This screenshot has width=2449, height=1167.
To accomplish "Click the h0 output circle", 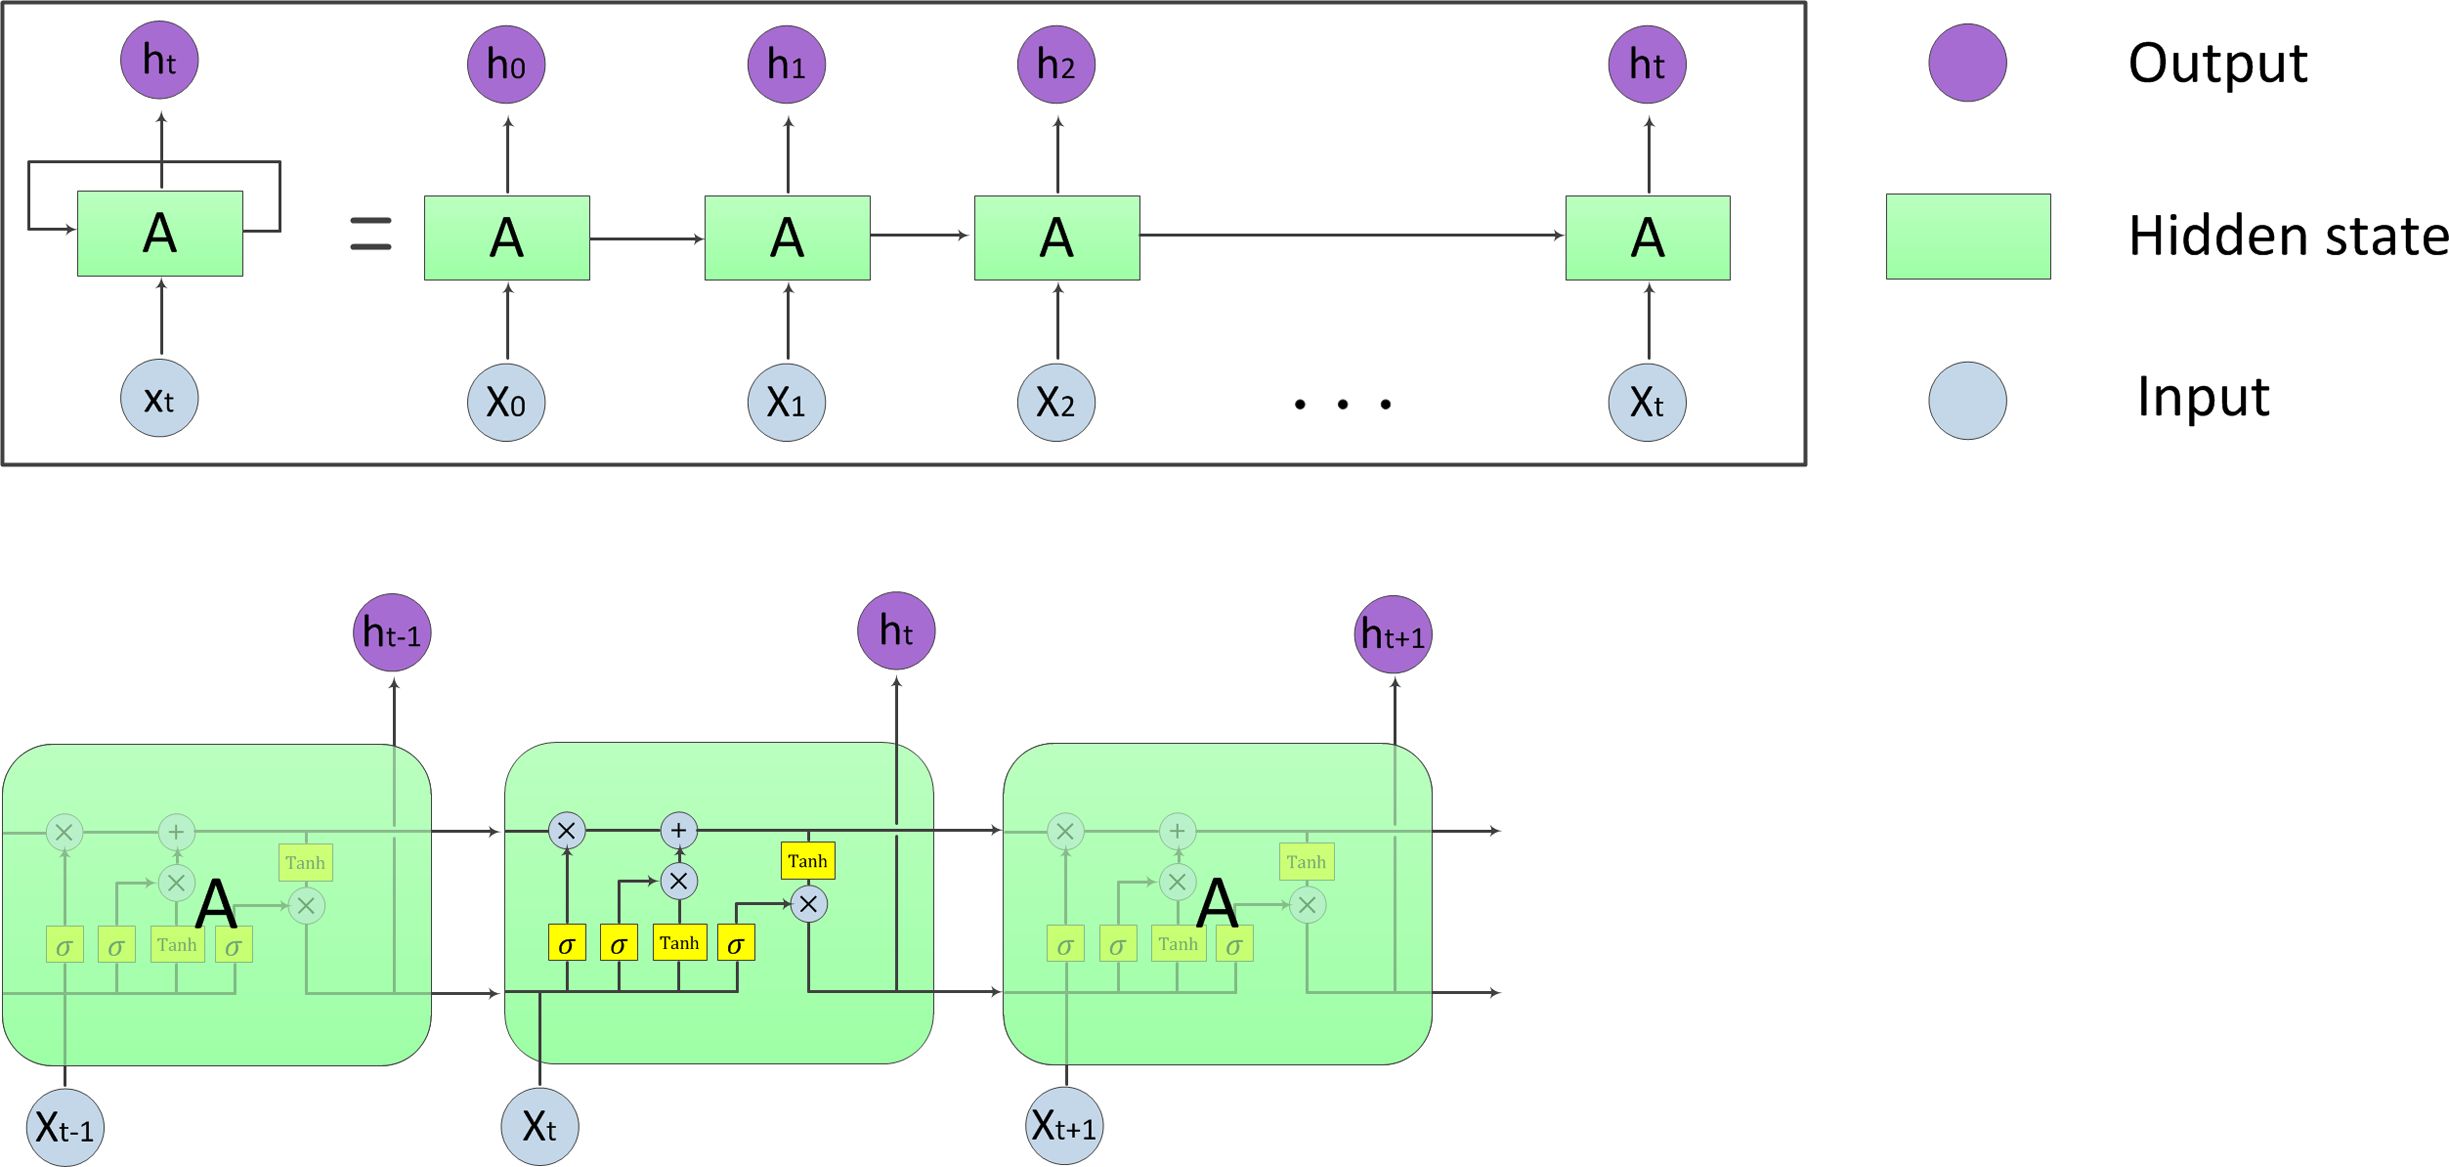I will click(506, 65).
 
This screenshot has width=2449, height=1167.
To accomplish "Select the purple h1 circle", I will click(787, 65).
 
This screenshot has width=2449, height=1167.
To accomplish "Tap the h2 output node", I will click(1056, 65).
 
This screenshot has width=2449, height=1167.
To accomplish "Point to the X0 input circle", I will click(506, 403).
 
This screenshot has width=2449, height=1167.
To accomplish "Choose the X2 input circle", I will click(1056, 403).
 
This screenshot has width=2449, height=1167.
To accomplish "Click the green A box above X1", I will click(787, 238).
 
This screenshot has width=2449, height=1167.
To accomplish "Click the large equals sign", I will click(371, 234).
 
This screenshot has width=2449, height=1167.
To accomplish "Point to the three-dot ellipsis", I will click(1342, 404).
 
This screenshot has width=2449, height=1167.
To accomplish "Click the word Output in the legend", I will click(2217, 64).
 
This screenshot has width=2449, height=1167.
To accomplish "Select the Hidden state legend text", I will click(2288, 236).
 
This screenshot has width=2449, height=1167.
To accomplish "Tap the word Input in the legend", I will click(2203, 397).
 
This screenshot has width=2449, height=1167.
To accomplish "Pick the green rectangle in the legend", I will click(1968, 237).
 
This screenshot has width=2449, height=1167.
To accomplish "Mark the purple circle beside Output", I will click(1967, 63).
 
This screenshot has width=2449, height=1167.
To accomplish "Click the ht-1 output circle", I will click(392, 633).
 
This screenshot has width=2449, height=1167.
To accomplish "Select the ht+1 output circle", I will click(1393, 634).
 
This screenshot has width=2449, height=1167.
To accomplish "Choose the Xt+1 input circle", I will click(1065, 1127).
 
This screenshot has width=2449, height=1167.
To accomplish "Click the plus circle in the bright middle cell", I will click(679, 830).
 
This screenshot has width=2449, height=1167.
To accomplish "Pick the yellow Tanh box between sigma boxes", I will click(680, 943).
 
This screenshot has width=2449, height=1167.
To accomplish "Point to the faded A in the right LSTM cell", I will click(1217, 903).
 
